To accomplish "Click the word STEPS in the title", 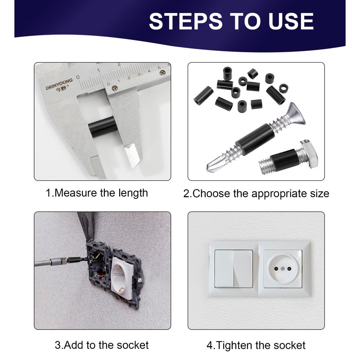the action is [x=186, y=21].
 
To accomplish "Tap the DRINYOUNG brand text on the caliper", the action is [x=59, y=84].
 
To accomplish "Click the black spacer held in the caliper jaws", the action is [x=102, y=127].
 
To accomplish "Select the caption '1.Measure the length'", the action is [x=97, y=193].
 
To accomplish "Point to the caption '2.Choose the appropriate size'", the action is [x=256, y=193].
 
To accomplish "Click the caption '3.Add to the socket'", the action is [x=102, y=345].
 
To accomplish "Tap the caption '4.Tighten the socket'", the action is [x=256, y=345].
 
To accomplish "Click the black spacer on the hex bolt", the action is [x=283, y=160].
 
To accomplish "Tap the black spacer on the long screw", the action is [x=252, y=137].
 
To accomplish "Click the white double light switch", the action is [x=234, y=269].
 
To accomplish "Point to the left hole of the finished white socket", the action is [x=276, y=269].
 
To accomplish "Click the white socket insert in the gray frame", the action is [x=122, y=277].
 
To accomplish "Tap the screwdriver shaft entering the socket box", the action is [x=61, y=261].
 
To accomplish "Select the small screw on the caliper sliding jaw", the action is [x=114, y=88].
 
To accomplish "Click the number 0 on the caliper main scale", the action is [x=78, y=77].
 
